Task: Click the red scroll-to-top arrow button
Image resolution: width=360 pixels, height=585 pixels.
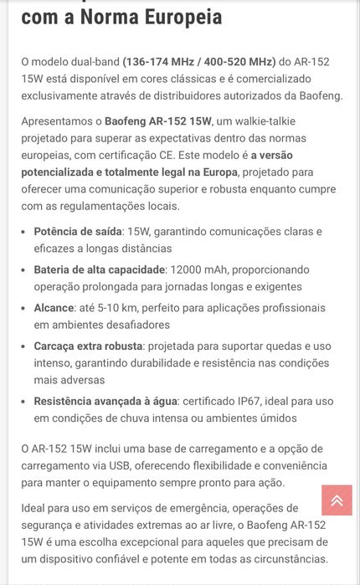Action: point(337,500)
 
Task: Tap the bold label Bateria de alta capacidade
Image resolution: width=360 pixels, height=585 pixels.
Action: point(100,269)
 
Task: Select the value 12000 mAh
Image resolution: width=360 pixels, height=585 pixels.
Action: point(200,269)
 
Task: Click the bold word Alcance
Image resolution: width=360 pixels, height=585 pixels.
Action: point(54,308)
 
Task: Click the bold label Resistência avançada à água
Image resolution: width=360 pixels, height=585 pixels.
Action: point(105,401)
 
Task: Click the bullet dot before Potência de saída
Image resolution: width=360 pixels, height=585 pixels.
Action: point(23,232)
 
